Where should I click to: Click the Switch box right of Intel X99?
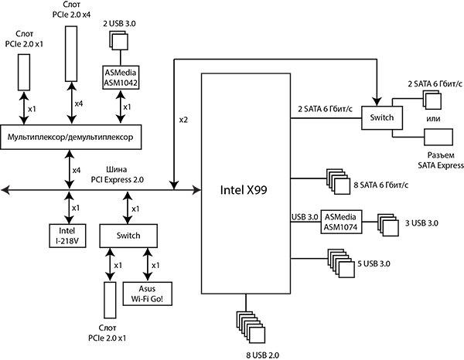click(381, 117)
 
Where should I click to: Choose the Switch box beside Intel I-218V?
click(128, 235)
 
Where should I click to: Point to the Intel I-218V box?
click(67, 235)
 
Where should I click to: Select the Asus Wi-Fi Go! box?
click(146, 294)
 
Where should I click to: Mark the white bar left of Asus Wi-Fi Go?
click(110, 299)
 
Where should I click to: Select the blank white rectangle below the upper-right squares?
click(438, 136)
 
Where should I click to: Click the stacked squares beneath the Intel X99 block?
click(251, 326)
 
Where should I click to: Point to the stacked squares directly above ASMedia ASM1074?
click(337, 183)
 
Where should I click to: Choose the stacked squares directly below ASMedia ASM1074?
click(340, 263)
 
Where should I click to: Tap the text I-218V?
click(67, 240)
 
